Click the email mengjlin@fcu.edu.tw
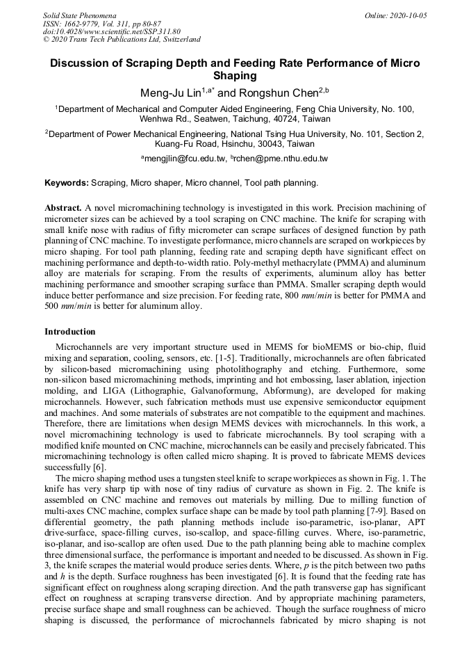[185, 159]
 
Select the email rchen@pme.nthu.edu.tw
[283, 159]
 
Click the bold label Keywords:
[67, 183]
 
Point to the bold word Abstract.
[63, 208]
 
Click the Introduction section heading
[70, 332]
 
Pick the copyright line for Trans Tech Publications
[122, 40]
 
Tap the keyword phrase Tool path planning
[277, 183]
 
